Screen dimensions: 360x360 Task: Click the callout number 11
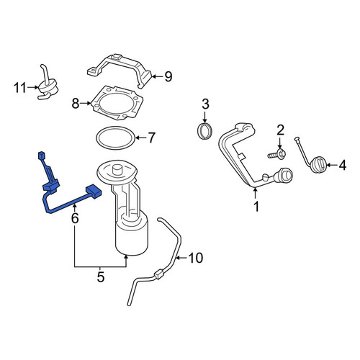(x=19, y=88)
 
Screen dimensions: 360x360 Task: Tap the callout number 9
(x=168, y=77)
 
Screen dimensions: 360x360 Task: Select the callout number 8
(x=76, y=104)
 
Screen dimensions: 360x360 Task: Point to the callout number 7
(x=151, y=138)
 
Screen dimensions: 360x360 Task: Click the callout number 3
(x=205, y=104)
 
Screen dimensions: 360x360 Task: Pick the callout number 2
(x=280, y=130)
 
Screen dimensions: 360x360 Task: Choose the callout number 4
(x=343, y=165)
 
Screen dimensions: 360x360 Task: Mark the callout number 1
(x=256, y=207)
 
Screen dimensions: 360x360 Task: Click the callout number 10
(x=196, y=258)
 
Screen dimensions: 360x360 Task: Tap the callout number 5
(x=101, y=277)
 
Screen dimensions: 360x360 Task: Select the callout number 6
(x=75, y=218)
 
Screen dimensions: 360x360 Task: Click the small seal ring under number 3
(x=204, y=131)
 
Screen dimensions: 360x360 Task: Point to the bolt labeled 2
(x=276, y=154)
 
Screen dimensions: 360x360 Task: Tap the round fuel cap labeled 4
(x=318, y=164)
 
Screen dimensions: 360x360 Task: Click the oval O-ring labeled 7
(x=115, y=138)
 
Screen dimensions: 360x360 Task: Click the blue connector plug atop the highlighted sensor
(x=42, y=156)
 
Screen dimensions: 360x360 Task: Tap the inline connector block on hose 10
(x=159, y=274)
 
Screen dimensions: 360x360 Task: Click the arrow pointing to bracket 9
(x=157, y=77)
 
